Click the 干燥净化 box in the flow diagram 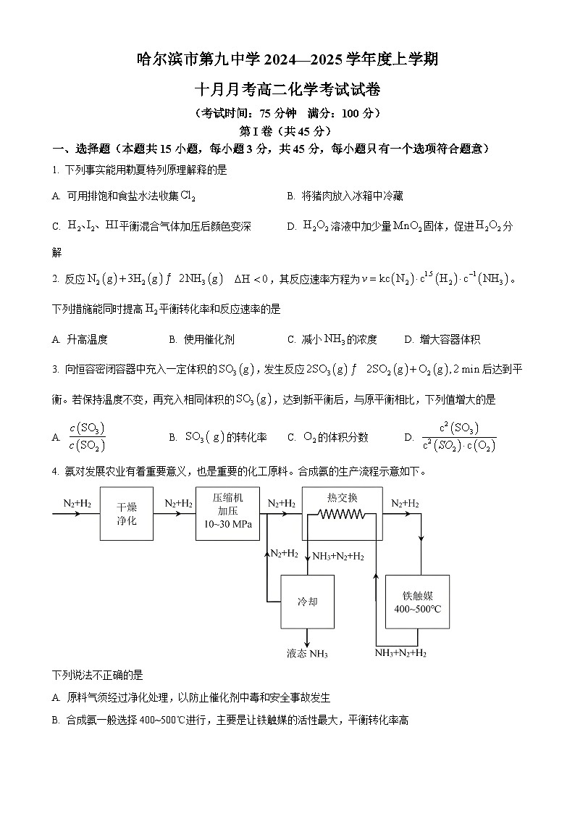[126, 513]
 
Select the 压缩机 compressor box [227, 513]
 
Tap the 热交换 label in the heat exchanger [343, 497]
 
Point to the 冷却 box [307, 602]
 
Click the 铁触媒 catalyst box [417, 602]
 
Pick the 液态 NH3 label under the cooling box [307, 654]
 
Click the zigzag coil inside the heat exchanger [341, 514]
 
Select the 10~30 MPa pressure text [227, 525]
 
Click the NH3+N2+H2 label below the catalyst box [400, 653]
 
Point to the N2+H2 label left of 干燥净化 [77, 503]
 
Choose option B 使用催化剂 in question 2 [202, 339]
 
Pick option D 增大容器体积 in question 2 [443, 339]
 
